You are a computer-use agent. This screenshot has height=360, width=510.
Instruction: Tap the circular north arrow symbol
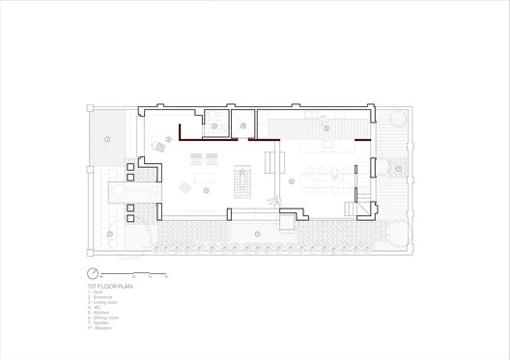93,273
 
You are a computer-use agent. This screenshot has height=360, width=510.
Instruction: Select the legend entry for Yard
95,292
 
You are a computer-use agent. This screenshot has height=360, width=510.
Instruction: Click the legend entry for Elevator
99,327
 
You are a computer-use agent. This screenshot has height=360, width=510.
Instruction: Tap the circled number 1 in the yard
107,140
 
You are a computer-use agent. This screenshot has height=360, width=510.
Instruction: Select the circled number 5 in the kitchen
326,128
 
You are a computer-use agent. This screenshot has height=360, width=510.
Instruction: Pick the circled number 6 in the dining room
291,180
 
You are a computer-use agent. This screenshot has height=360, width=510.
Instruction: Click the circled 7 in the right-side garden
397,169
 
